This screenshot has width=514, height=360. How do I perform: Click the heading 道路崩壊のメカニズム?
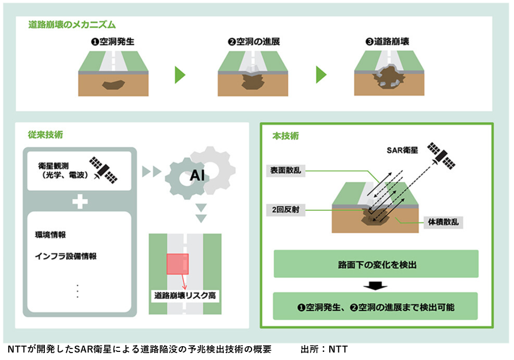[x=72, y=25]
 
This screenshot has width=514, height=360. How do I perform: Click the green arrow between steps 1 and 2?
[x=180, y=75]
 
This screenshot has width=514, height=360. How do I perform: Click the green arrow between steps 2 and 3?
[x=321, y=75]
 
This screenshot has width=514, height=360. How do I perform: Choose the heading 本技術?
[x=285, y=137]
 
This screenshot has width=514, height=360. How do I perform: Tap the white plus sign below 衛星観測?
[x=80, y=202]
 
